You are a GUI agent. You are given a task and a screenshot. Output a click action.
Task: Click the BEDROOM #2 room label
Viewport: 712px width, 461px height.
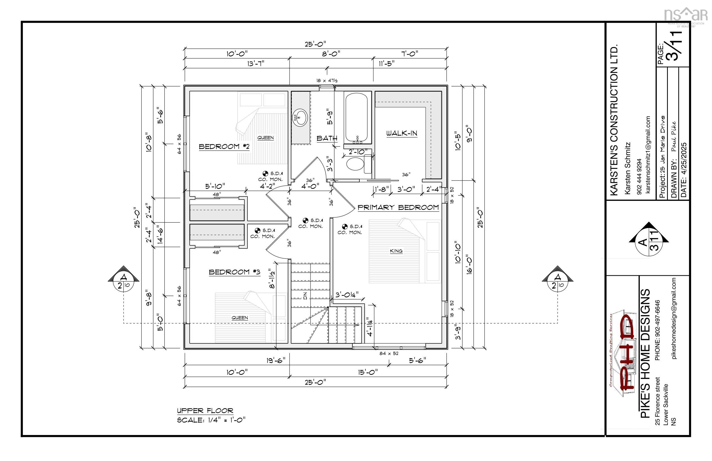(224, 146)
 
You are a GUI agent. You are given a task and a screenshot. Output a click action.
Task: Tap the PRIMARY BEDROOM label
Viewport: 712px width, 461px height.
(398, 207)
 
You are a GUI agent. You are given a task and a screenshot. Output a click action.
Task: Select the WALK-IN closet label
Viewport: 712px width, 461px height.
(402, 133)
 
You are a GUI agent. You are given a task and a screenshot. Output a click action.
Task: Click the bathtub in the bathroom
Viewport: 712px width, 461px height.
(356, 118)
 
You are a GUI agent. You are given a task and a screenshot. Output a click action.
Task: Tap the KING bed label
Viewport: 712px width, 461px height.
(396, 251)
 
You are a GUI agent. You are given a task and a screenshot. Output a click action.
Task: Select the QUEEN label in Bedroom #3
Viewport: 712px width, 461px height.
(240, 318)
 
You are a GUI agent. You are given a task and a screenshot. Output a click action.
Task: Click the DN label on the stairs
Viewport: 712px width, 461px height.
(305, 297)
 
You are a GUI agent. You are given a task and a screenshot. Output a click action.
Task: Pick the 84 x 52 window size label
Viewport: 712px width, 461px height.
(389, 353)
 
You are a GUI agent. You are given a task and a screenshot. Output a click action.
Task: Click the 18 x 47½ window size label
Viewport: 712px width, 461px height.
(327, 80)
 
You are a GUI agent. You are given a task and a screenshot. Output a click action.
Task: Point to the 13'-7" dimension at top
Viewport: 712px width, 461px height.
(256, 63)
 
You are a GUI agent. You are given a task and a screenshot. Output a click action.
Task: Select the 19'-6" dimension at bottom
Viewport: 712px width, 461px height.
(276, 360)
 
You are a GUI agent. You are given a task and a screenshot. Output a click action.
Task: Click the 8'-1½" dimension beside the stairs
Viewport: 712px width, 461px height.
(272, 279)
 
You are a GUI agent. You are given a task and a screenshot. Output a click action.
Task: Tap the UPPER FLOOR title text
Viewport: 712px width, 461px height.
(205, 411)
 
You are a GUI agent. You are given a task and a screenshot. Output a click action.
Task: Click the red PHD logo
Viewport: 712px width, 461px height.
(628, 353)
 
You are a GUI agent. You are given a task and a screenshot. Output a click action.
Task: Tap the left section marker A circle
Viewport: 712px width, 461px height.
(123, 282)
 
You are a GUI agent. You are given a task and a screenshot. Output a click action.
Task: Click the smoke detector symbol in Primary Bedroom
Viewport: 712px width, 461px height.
(345, 227)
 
